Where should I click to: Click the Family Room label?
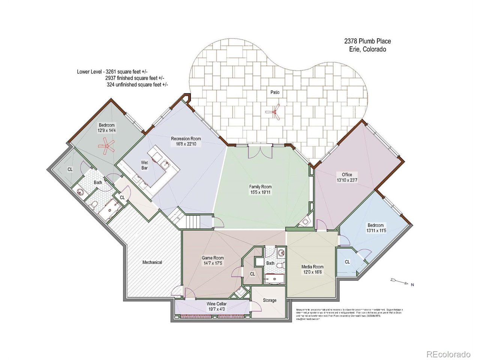(x=260, y=187)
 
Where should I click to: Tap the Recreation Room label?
(x=186, y=139)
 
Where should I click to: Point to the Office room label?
(x=347, y=175)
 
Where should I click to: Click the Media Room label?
(x=312, y=267)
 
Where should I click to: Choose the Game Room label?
(x=213, y=258)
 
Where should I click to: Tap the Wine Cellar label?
(x=217, y=304)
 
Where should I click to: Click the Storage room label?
(x=270, y=300)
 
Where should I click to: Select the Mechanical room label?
(x=152, y=262)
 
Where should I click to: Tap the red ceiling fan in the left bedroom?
(x=107, y=145)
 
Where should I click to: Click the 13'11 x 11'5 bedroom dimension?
(x=375, y=231)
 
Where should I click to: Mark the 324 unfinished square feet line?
(x=137, y=85)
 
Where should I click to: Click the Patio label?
(x=275, y=92)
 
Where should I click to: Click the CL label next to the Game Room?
(x=253, y=274)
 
